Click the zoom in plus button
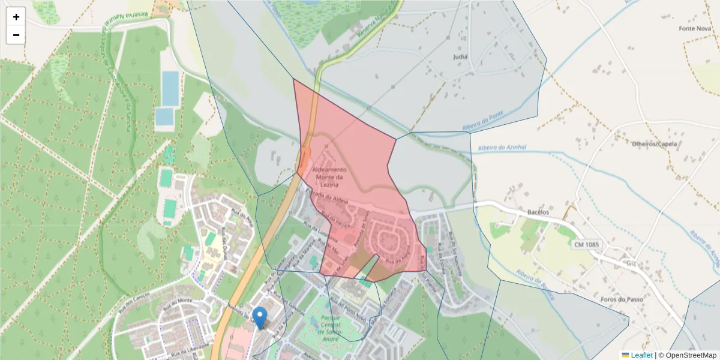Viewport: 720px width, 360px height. coord(16,17)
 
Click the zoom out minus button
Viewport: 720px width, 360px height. coord(16,35)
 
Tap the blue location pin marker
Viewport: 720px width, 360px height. coord(260,317)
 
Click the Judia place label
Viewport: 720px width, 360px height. coord(460,57)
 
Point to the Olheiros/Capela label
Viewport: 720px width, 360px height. coord(655,144)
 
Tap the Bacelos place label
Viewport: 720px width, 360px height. coord(538,212)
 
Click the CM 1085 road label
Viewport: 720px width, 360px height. coord(586,244)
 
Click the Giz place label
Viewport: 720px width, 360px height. coord(630,262)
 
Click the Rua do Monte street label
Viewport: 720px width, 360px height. coord(180,302)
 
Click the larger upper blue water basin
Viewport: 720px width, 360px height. coord(170,88)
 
